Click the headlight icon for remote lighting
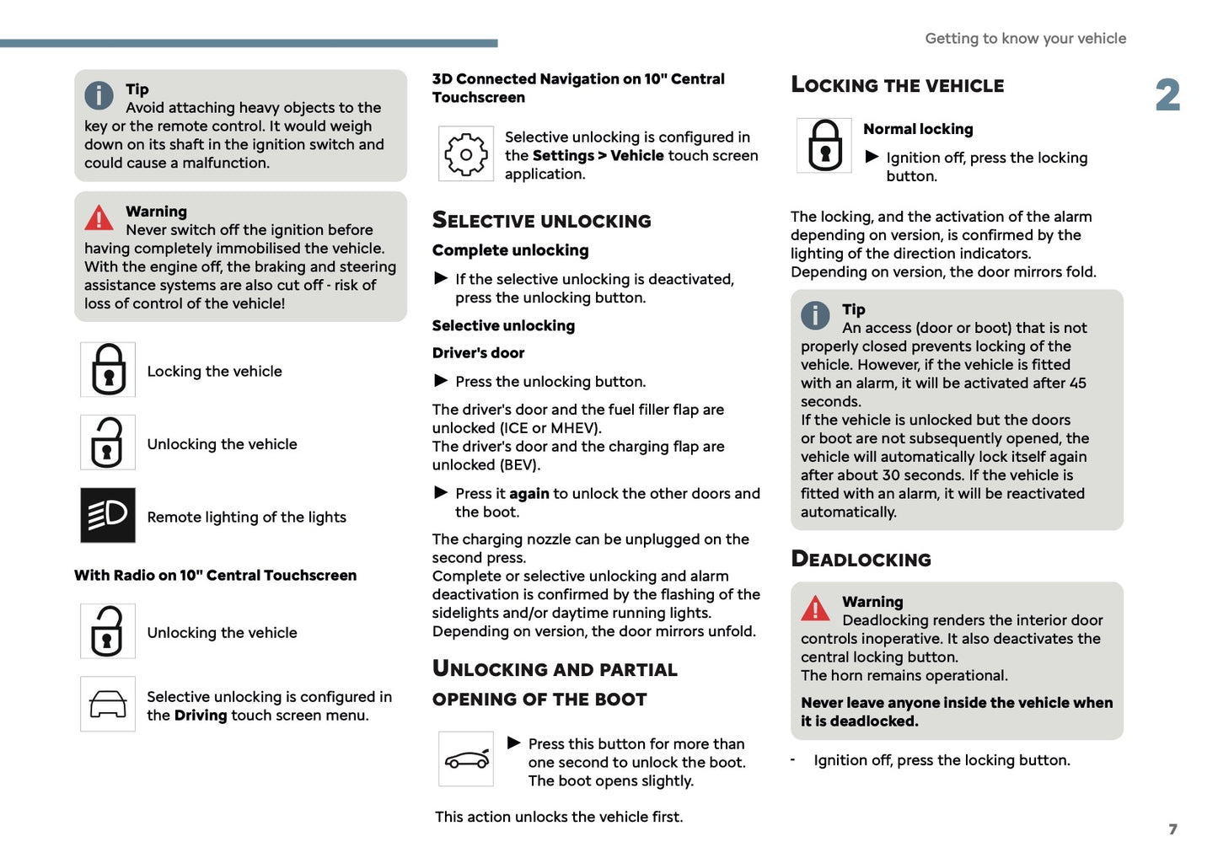(108, 515)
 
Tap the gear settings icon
(466, 153)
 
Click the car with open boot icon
(466, 759)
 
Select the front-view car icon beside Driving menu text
(108, 704)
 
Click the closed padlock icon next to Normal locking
(824, 146)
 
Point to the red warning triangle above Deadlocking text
(815, 609)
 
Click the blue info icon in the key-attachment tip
(99, 95)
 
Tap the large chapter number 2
(1167, 95)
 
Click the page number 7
(1172, 829)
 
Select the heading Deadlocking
(861, 560)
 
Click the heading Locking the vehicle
(897, 85)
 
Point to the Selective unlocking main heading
(541, 221)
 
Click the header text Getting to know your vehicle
(1025, 39)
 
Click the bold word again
(529, 494)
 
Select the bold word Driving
(201, 716)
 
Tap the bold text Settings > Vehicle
(598, 156)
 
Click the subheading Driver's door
(478, 353)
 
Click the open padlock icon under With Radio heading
(108, 631)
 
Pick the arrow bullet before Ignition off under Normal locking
(872, 157)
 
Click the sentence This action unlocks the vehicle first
(559, 817)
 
